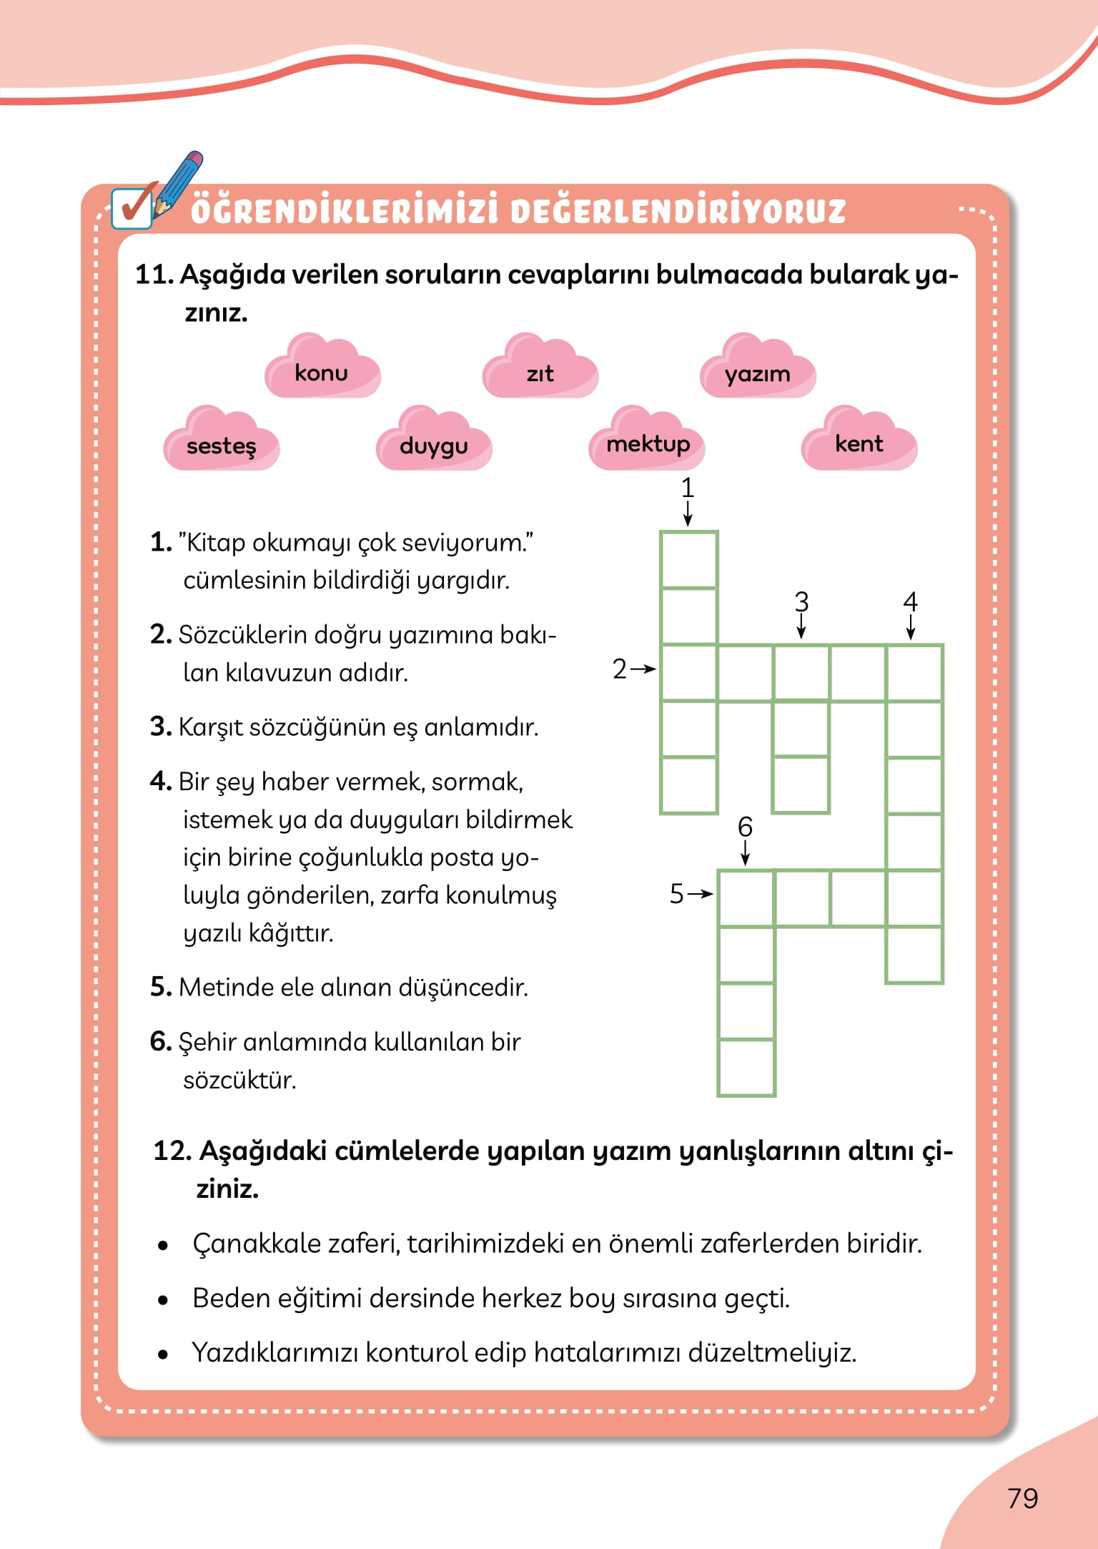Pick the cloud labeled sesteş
tap(222, 444)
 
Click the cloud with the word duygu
tap(434, 444)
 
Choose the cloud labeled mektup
tap(648, 443)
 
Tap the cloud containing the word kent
tap(859, 443)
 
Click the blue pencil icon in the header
tap(179, 182)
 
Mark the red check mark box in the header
tap(132, 207)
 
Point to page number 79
tap(1022, 1498)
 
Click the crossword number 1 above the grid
tap(688, 488)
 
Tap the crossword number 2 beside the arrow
tap(619, 669)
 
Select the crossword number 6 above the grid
tap(745, 827)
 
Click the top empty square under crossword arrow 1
tap(688, 560)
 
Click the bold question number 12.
tap(172, 1151)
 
